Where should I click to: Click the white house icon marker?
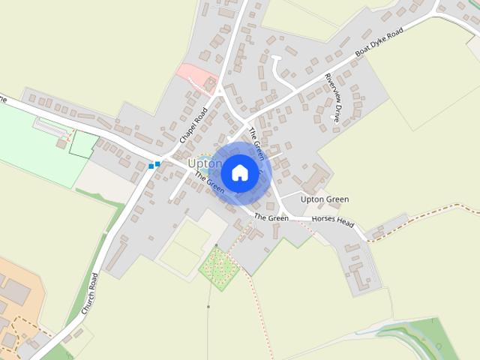[240, 172]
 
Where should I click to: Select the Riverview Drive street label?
[334, 97]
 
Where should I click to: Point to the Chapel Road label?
[193, 124]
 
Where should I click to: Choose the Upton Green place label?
[324, 199]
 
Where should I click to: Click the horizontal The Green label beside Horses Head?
[271, 217]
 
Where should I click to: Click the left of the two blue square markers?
[151, 166]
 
